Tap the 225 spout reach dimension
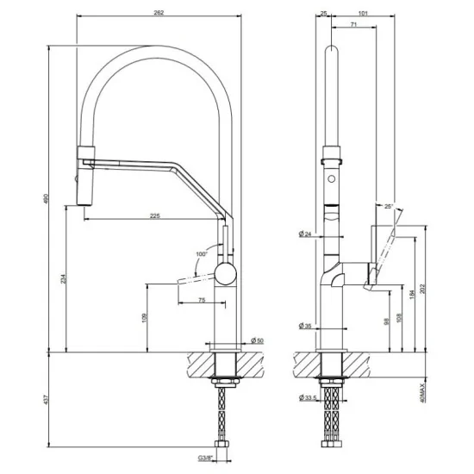[154, 215]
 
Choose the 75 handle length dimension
[202, 299]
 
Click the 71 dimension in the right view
[354, 28]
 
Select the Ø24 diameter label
[306, 234]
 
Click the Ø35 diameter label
[306, 326]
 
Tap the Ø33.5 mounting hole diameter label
[308, 397]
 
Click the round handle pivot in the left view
[226, 274]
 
